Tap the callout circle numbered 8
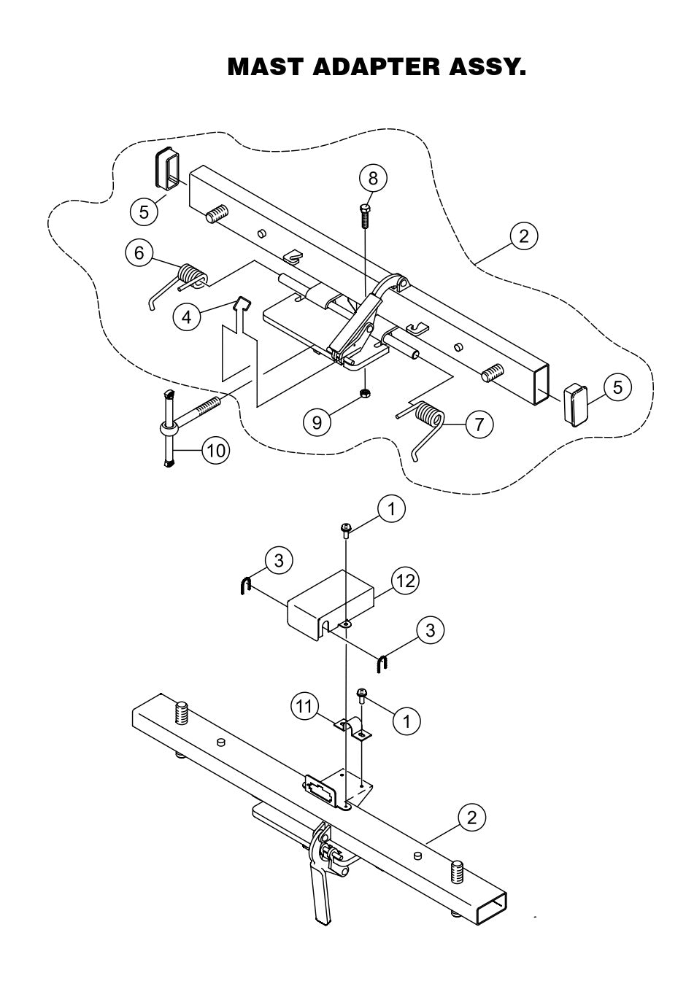coord(373,179)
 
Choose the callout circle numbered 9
coord(317,422)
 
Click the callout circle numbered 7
coord(478,424)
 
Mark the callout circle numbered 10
coord(215,451)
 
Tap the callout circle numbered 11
coord(305,705)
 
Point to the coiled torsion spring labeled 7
coord(428,419)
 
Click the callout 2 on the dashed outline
coord(523,236)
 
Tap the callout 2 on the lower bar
coord(471,817)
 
